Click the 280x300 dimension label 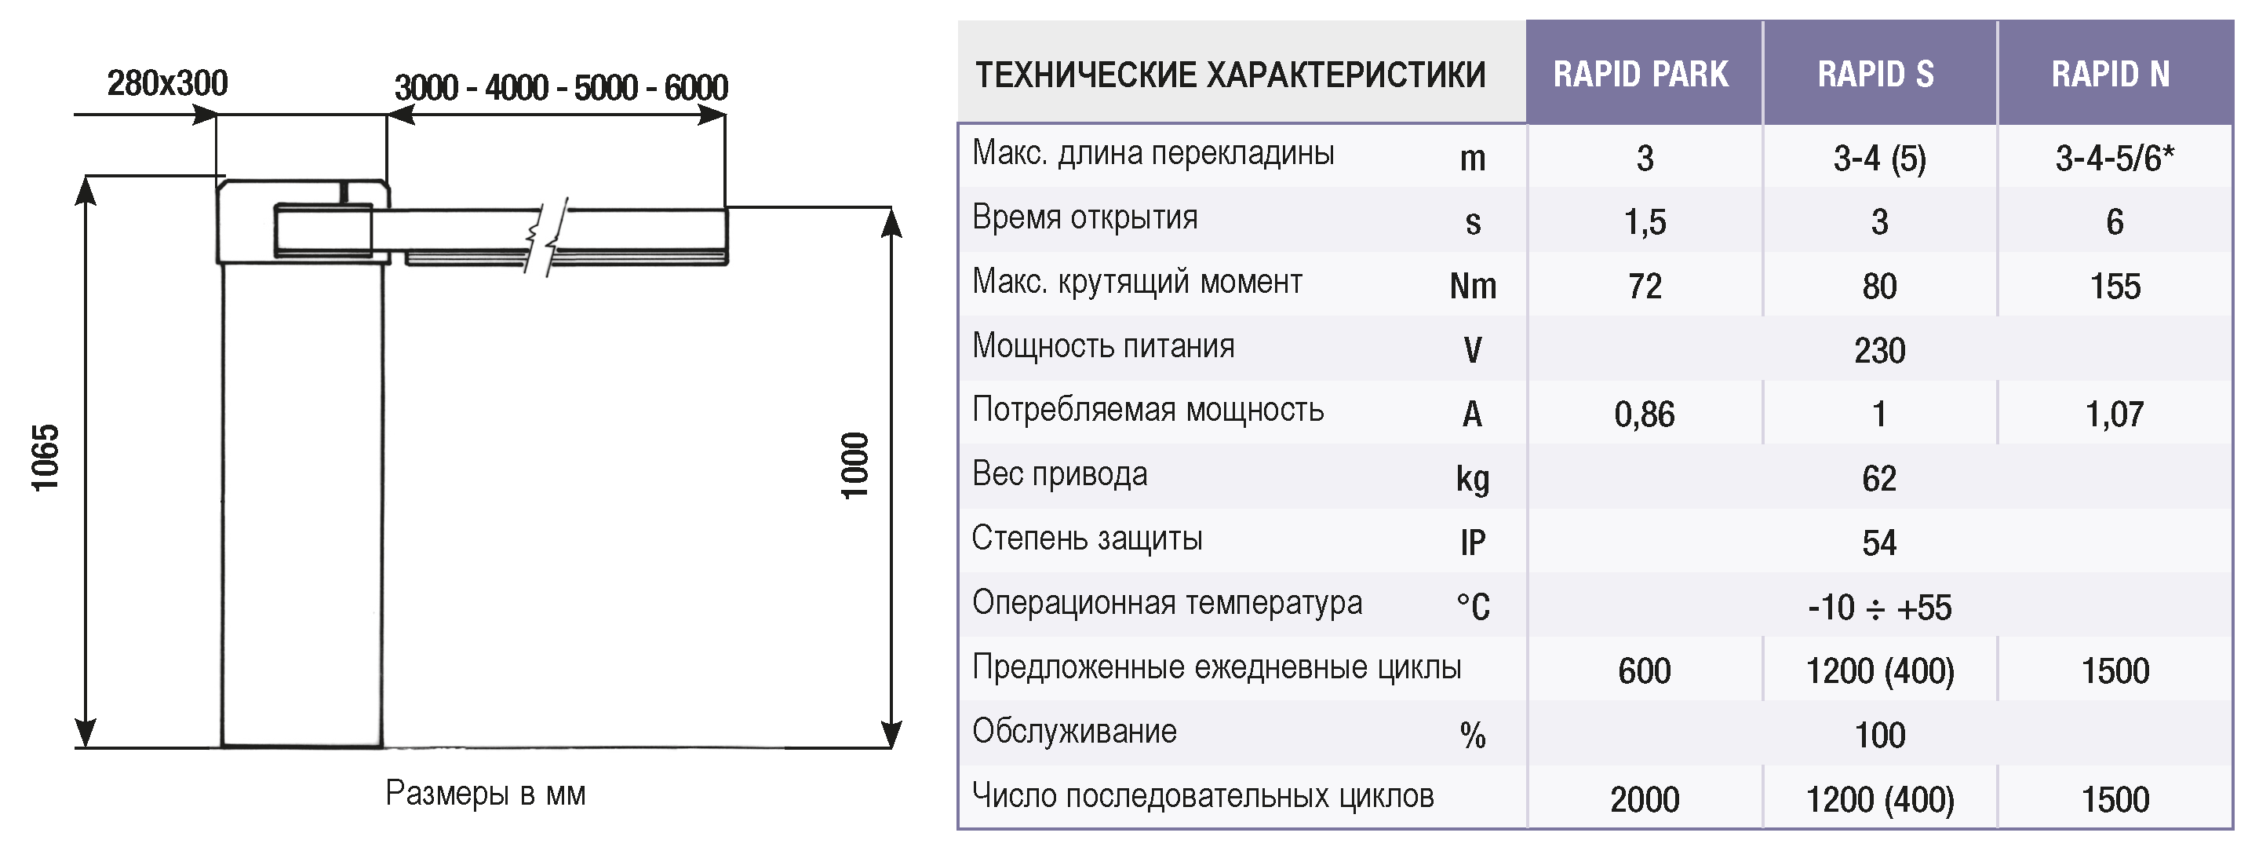point(168,83)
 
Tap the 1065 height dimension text point(46,458)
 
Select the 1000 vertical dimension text point(854,466)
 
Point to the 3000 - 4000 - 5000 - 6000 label point(561,87)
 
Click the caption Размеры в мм point(485,794)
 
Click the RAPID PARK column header point(1641,75)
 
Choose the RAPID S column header point(1876,75)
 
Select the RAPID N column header point(2110,75)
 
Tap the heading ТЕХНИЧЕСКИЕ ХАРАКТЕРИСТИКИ point(1230,75)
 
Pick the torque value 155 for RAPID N point(2115,287)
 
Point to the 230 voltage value point(1880,351)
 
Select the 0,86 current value point(1644,415)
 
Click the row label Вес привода point(1059,474)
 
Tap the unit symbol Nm point(1473,287)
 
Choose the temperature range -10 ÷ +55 point(1880,608)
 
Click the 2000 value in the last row point(1644,799)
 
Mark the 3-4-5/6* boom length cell point(2115,158)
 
